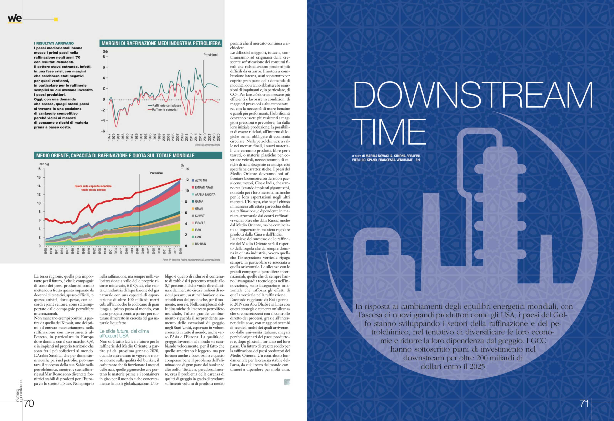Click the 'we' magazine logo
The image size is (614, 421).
click(15, 19)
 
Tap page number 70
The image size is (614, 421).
click(29, 403)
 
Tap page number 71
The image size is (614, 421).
click(584, 403)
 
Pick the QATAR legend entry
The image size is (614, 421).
click(199, 201)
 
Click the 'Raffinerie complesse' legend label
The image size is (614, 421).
click(166, 105)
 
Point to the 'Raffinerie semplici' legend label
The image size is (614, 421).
click(165, 109)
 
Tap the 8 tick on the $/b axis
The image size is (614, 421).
click(104, 57)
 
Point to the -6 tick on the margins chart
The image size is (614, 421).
click(103, 131)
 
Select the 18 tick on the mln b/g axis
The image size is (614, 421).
click(39, 169)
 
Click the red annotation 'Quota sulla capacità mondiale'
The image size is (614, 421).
click(93, 186)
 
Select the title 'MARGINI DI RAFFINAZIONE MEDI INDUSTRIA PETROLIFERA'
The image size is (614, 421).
click(161, 43)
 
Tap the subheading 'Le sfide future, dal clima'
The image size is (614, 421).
click(124, 331)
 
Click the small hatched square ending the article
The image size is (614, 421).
click(287, 382)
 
